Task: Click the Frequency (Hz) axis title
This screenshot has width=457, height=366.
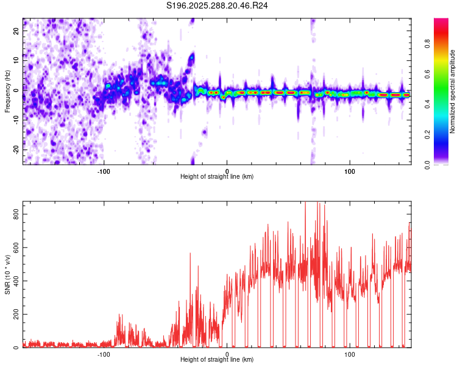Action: click(7, 91)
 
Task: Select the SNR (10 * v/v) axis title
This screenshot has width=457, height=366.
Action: click(7, 275)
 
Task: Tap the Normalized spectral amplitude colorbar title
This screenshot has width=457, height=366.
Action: click(453, 91)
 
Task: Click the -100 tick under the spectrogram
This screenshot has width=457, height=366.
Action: click(104, 170)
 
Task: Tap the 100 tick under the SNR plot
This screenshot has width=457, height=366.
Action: click(350, 353)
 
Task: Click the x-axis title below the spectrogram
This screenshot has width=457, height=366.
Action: click(217, 176)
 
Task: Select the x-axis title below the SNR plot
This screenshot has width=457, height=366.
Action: click(217, 359)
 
